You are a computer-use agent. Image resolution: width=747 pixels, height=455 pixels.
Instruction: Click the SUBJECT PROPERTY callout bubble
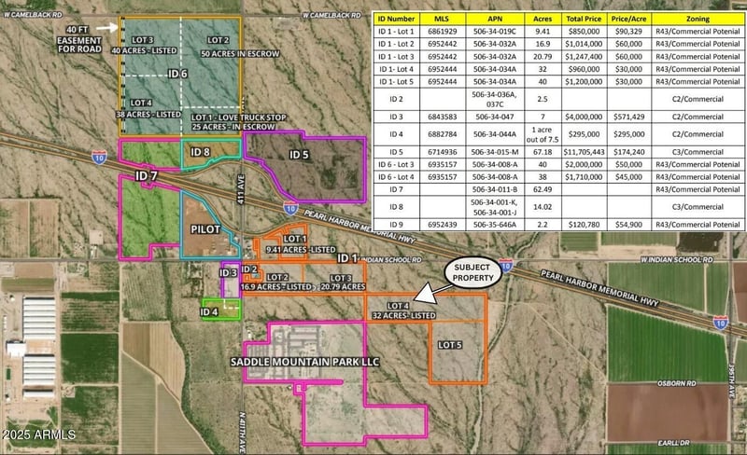click(x=472, y=272)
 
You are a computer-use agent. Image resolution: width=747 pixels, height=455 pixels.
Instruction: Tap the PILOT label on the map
click(x=204, y=227)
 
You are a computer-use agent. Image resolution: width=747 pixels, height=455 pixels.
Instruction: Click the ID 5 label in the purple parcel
click(x=299, y=154)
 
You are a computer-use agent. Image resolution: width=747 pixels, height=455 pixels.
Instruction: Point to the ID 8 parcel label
click(x=200, y=151)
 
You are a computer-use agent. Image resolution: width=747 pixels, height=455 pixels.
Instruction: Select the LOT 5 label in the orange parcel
click(x=450, y=345)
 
